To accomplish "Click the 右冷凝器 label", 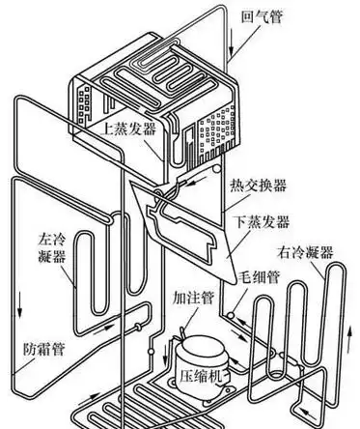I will pyautogui.click(x=306, y=252).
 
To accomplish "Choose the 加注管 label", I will pyautogui.click(x=192, y=298).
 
